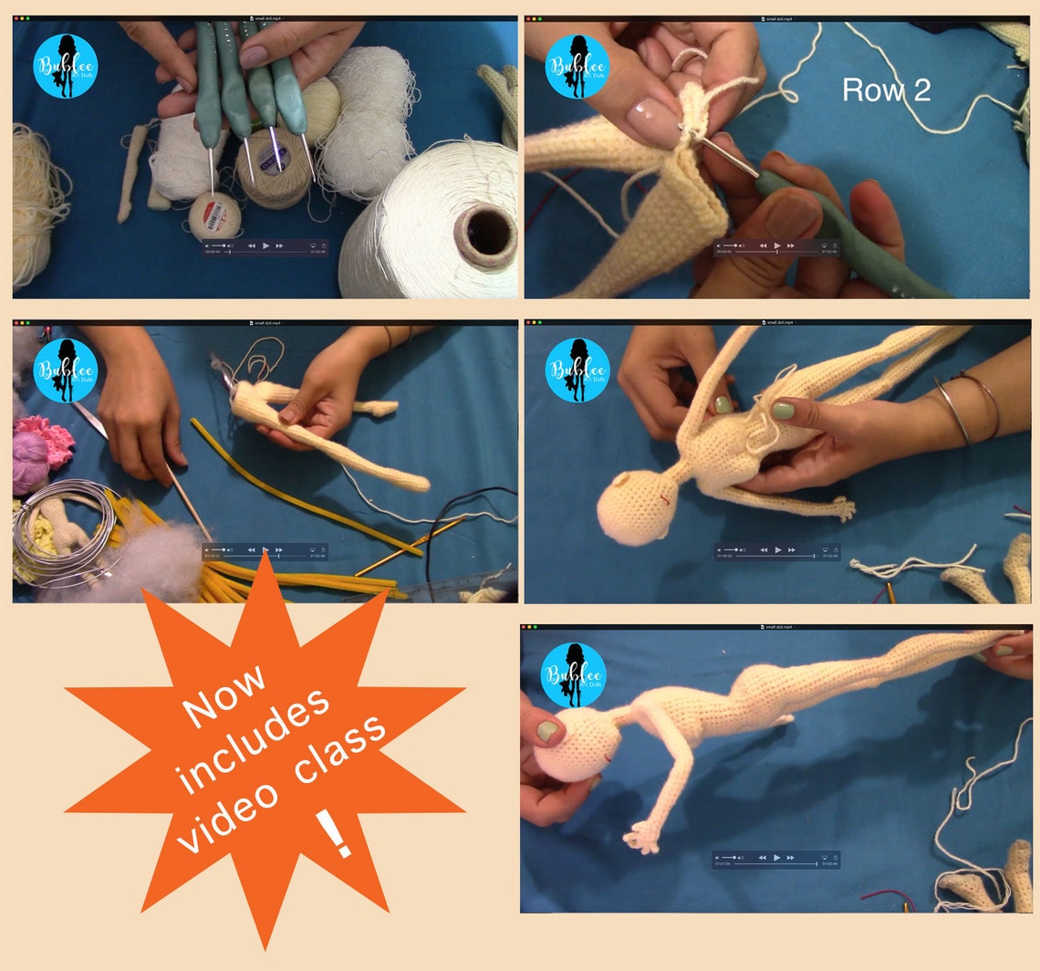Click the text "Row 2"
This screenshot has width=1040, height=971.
pyautogui.click(x=885, y=89)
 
